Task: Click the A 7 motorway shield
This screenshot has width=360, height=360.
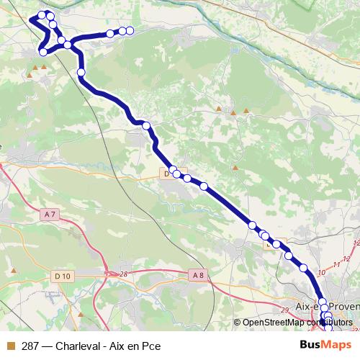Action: pos(50,215)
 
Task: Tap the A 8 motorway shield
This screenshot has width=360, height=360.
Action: pos(199,274)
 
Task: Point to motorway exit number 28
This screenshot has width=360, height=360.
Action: pos(123,274)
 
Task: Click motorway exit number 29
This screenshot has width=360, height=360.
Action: pos(284,310)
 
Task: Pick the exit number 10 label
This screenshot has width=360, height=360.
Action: pos(322,273)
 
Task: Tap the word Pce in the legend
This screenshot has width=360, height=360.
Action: pos(150,345)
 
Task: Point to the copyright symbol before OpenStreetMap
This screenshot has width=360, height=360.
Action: pos(238,323)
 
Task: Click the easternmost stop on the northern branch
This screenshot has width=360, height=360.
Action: pos(131,30)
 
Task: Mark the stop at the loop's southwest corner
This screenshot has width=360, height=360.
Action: pos(44,52)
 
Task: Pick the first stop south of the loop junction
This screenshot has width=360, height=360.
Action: pos(81,72)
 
